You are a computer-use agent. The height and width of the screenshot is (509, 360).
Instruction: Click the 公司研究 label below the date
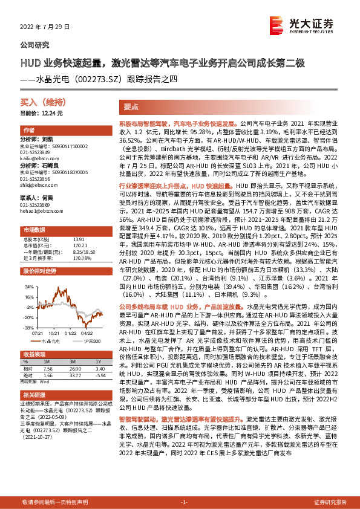coord(35,45)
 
